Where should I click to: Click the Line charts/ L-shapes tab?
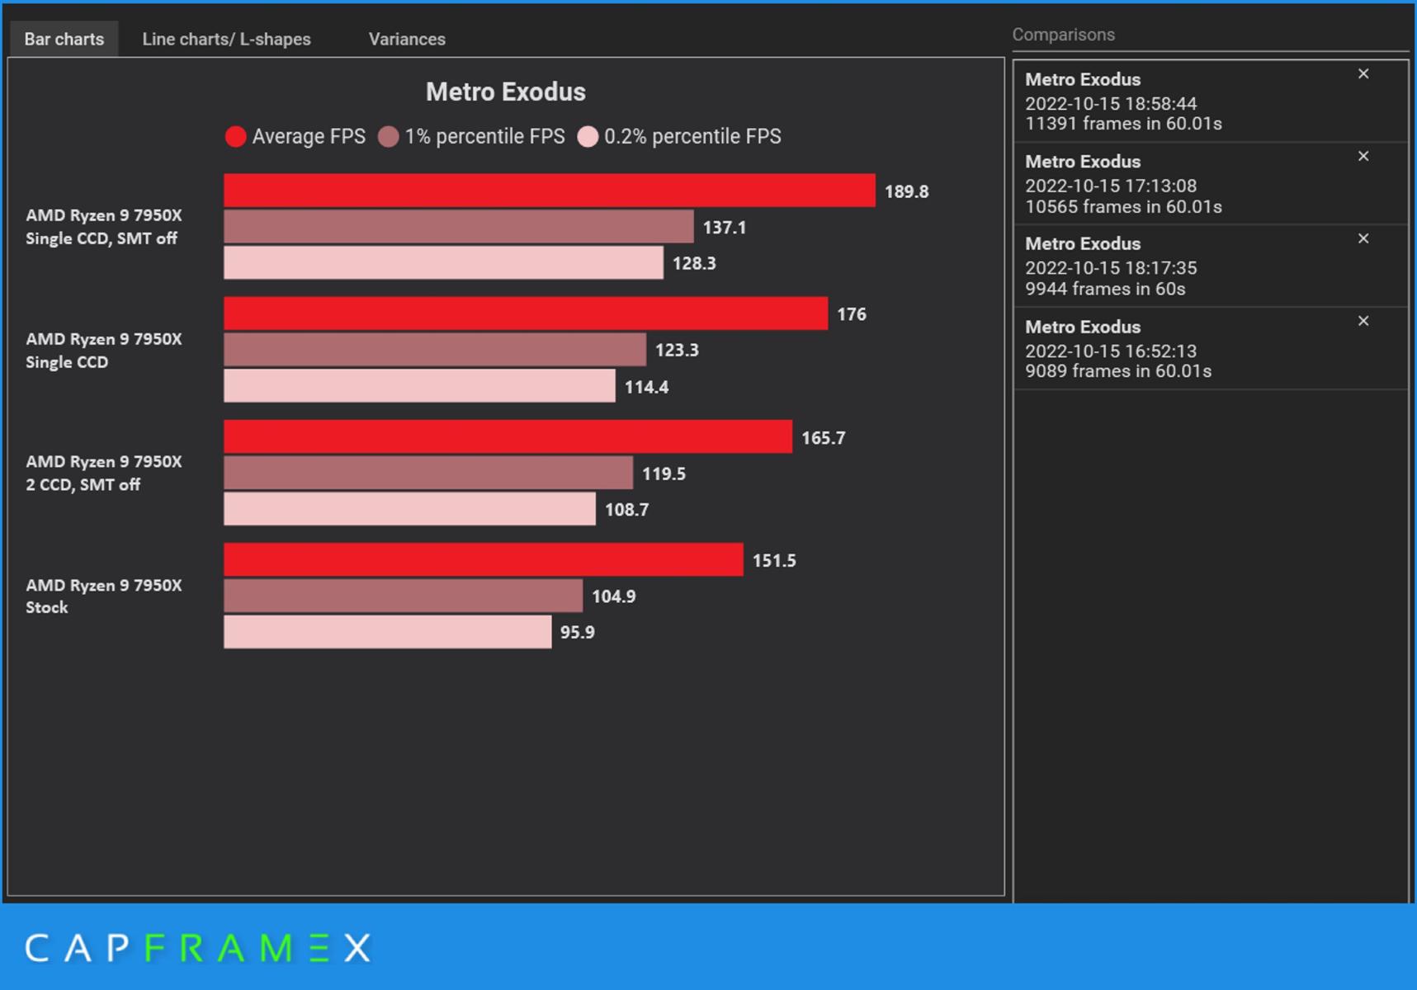point(226,39)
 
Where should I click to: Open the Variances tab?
point(407,39)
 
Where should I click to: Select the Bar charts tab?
point(64,39)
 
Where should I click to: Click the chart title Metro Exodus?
point(505,92)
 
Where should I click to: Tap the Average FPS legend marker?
point(235,137)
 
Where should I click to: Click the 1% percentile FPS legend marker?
point(388,137)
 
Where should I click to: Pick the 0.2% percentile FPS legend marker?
point(588,137)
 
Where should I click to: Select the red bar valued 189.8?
point(549,191)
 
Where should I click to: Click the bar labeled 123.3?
point(434,350)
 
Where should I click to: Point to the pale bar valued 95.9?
point(387,632)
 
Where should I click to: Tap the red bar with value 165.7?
point(508,436)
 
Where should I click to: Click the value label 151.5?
point(774,561)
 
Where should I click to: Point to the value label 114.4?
point(646,387)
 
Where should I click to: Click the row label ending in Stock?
point(103,596)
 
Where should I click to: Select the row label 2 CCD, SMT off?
point(103,474)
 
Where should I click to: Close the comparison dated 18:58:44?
point(1363,74)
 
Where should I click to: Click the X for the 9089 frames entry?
point(1363,321)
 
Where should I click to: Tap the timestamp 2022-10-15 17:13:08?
point(1111,186)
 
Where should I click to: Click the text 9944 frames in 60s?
point(1105,289)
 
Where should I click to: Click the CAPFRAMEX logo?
point(198,948)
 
